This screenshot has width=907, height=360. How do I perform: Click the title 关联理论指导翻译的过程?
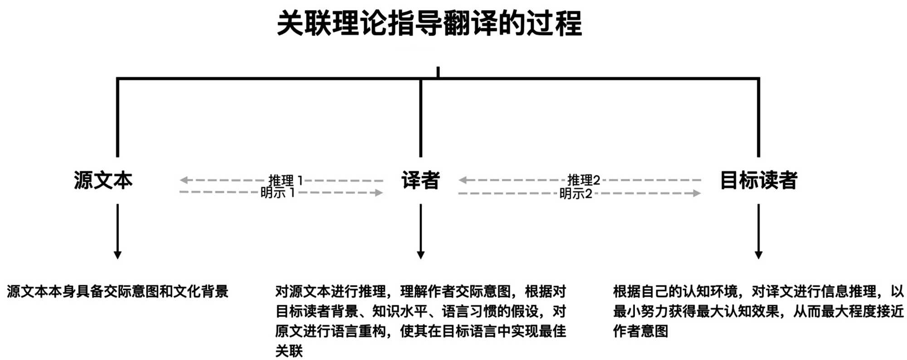429,24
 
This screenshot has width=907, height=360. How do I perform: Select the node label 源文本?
103,180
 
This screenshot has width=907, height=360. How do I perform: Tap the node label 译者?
420,180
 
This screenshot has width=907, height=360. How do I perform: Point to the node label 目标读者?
758,180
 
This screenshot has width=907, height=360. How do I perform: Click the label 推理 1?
285,180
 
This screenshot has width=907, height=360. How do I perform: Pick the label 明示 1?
278,193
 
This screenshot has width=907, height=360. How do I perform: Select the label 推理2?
584,180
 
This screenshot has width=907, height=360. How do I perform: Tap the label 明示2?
575,194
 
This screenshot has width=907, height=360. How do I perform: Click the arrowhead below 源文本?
117,255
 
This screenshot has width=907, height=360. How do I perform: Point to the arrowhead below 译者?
420,255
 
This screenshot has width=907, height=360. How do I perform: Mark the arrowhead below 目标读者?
758,255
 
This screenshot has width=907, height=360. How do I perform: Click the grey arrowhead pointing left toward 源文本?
183,180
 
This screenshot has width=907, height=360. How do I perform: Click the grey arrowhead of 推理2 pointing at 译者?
462,180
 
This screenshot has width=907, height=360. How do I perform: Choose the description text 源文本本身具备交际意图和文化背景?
117,292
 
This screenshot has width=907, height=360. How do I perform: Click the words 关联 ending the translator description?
289,351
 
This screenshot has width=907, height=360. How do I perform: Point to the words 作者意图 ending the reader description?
640,331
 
